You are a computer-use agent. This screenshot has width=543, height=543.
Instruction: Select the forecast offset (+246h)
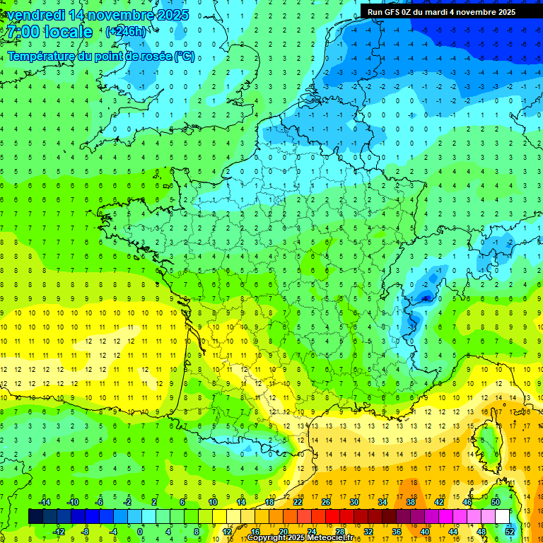pos(127,31)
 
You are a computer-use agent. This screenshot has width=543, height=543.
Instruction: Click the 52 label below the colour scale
pos(510,532)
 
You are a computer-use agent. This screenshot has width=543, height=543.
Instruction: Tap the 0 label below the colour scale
pos(141,532)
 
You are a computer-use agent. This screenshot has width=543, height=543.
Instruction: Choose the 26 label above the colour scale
pos(325,502)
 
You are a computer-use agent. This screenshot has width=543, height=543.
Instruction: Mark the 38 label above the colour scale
pos(410,502)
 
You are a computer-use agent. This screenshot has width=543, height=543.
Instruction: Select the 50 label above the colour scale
pos(495,502)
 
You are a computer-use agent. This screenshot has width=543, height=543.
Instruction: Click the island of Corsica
pos(486,440)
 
